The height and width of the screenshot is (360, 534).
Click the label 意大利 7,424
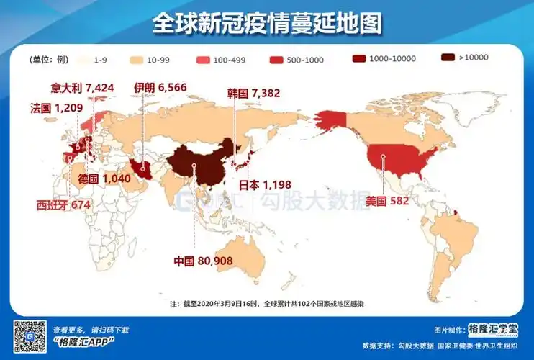[83, 88]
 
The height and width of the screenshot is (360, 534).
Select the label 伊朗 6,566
[160, 88]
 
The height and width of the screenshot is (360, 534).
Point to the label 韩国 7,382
[253, 92]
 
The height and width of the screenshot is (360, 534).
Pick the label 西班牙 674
[63, 204]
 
